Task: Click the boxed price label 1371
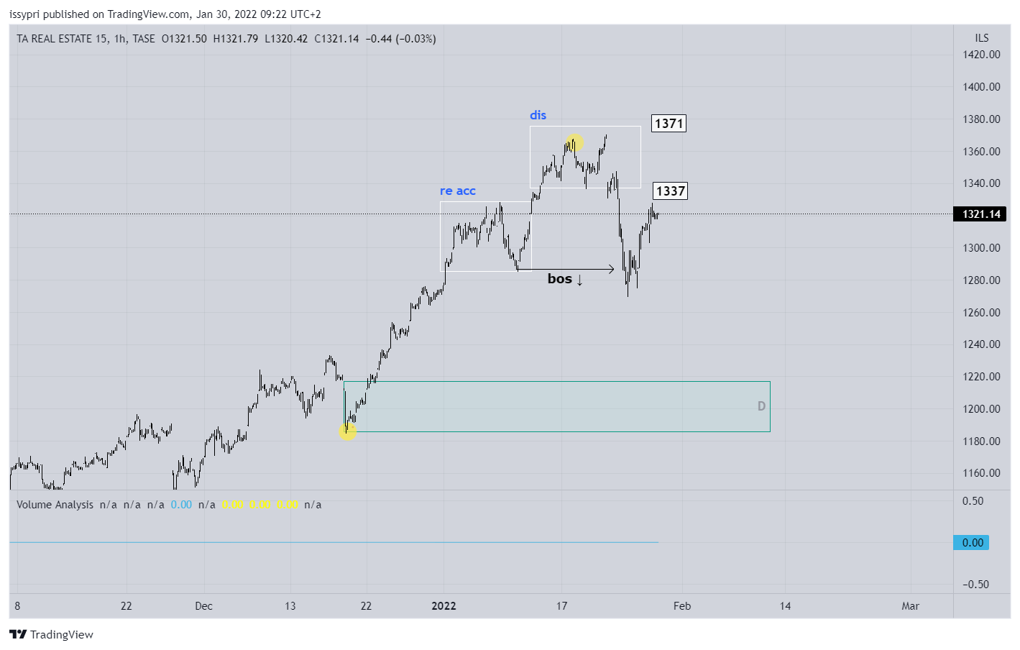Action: pyautogui.click(x=668, y=124)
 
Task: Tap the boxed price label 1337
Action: pyautogui.click(x=670, y=191)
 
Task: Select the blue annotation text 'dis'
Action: pyautogui.click(x=538, y=115)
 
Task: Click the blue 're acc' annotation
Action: pyautogui.click(x=458, y=191)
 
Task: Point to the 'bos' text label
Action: pyautogui.click(x=560, y=279)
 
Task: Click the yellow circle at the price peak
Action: pyautogui.click(x=574, y=142)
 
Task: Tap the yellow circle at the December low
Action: pyautogui.click(x=348, y=431)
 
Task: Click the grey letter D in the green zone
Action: pyautogui.click(x=761, y=406)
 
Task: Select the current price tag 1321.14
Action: pyautogui.click(x=981, y=214)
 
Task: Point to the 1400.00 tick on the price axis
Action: pyautogui.click(x=981, y=87)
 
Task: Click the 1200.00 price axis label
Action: pyautogui.click(x=981, y=409)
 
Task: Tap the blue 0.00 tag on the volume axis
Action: pyautogui.click(x=972, y=543)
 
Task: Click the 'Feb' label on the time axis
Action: pyautogui.click(x=682, y=606)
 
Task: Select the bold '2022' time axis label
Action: pyautogui.click(x=444, y=606)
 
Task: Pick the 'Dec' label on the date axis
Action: pyautogui.click(x=203, y=606)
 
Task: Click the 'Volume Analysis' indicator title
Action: pyautogui.click(x=55, y=505)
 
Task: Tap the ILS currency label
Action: pyautogui.click(x=981, y=38)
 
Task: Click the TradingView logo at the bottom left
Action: pyautogui.click(x=51, y=634)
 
